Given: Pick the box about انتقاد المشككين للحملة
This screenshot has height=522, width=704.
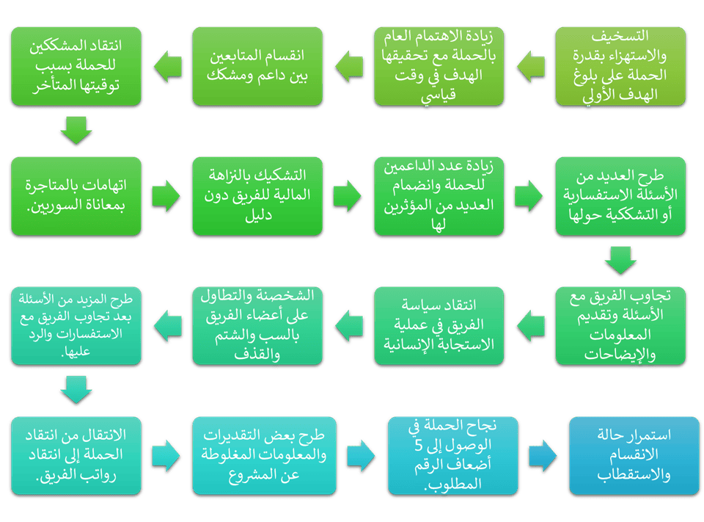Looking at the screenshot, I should [75, 65].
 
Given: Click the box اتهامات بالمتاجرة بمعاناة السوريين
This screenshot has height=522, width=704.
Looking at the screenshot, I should [75, 195].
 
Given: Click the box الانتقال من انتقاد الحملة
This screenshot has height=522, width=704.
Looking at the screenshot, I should [75, 455].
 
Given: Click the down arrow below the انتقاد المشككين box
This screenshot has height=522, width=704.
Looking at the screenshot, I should [76, 131].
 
